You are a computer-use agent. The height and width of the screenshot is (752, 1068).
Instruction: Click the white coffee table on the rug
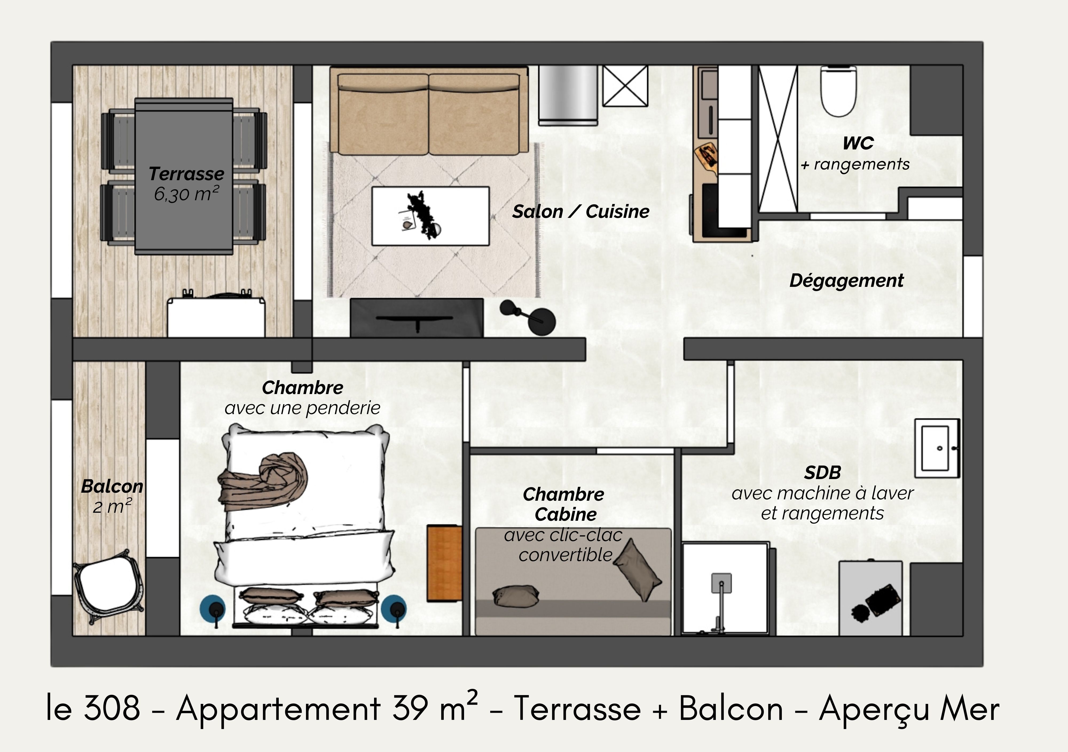(x=430, y=216)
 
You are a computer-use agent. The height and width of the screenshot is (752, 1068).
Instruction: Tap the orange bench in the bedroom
(x=444, y=562)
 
